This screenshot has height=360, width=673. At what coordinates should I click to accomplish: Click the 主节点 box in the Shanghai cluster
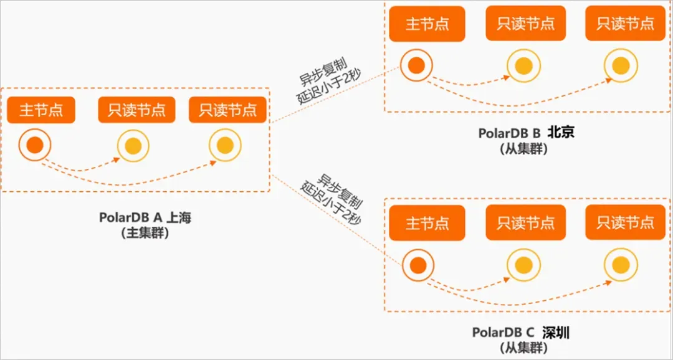point(41,110)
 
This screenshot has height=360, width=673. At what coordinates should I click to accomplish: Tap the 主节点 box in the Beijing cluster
point(427,24)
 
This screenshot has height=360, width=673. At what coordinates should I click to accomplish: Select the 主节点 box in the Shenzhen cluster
point(427,223)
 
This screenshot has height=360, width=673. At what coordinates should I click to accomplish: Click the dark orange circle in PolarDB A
point(35,146)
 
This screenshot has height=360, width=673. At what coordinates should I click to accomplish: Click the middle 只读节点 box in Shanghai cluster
point(132,110)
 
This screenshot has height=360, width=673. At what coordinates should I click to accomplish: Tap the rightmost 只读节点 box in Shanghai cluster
point(228,110)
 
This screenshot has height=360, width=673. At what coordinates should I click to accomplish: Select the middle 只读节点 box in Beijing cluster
point(525,24)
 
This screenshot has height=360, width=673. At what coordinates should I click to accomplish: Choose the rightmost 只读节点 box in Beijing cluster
point(625,24)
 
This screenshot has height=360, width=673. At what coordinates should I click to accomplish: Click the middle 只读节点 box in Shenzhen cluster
point(525,223)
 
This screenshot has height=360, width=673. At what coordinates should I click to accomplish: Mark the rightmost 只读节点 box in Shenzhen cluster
point(625,223)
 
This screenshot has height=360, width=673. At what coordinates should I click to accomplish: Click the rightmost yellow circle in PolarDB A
point(225,146)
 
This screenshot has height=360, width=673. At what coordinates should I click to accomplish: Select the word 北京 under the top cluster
point(559,133)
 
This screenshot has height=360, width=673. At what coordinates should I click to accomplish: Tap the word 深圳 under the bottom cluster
point(555,332)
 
